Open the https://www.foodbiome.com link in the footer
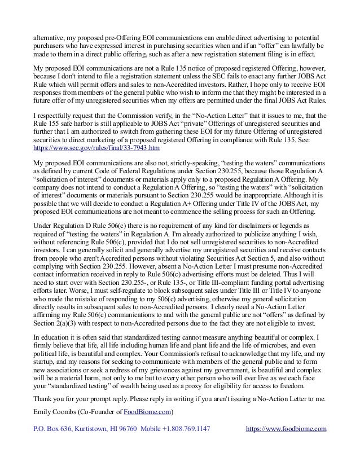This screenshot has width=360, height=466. [x=287, y=429]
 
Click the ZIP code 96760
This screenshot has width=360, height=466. [x=132, y=429]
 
